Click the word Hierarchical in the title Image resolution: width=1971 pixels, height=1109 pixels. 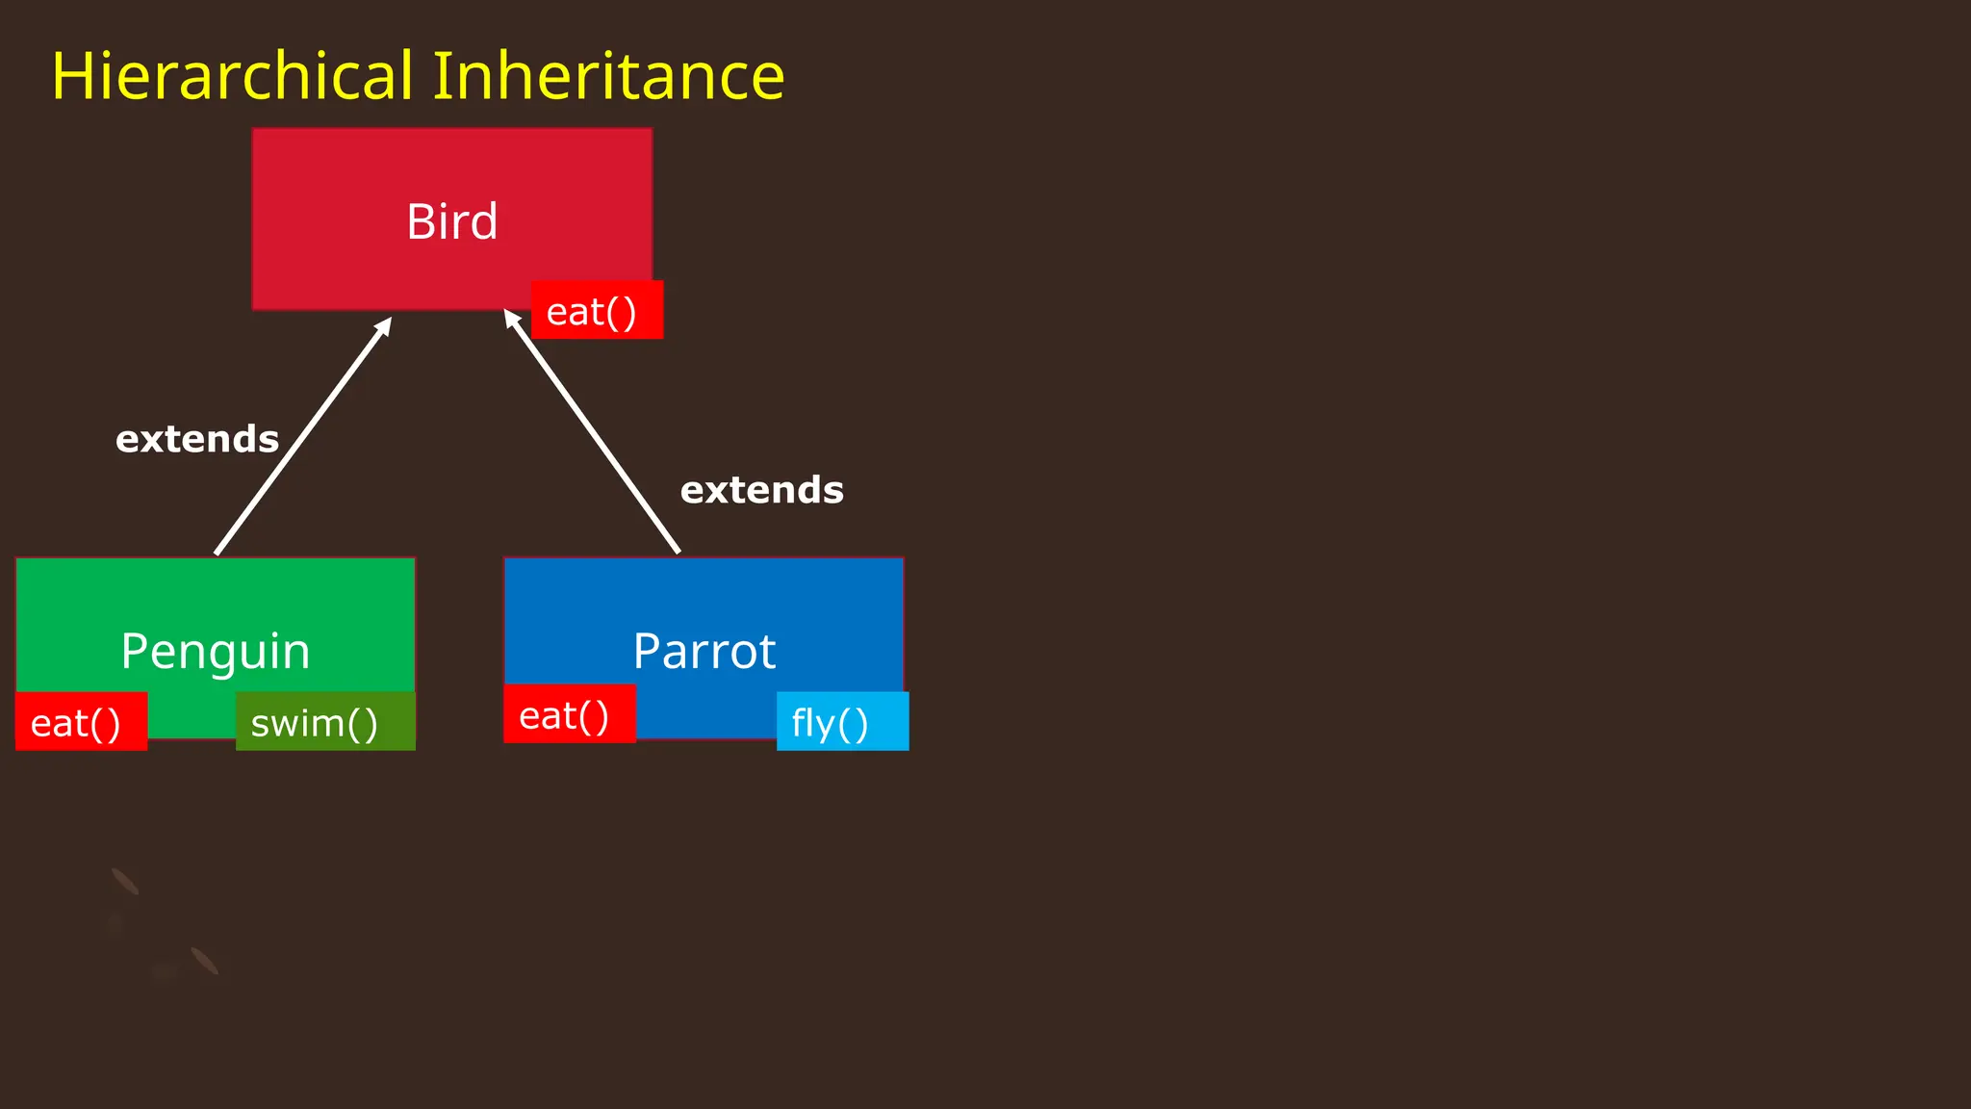231,77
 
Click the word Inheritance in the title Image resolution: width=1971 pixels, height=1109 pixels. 608,77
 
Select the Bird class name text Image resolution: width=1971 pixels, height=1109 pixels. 451,222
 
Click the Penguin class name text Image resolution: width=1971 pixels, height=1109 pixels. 216,652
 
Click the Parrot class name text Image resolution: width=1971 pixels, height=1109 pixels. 704,652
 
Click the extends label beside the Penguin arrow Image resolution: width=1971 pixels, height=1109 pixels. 197,440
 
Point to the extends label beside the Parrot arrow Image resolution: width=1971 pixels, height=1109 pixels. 761,491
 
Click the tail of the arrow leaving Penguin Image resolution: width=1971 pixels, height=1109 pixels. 218,552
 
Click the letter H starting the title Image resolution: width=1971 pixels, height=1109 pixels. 70,77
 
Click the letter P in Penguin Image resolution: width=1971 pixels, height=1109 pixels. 137,651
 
